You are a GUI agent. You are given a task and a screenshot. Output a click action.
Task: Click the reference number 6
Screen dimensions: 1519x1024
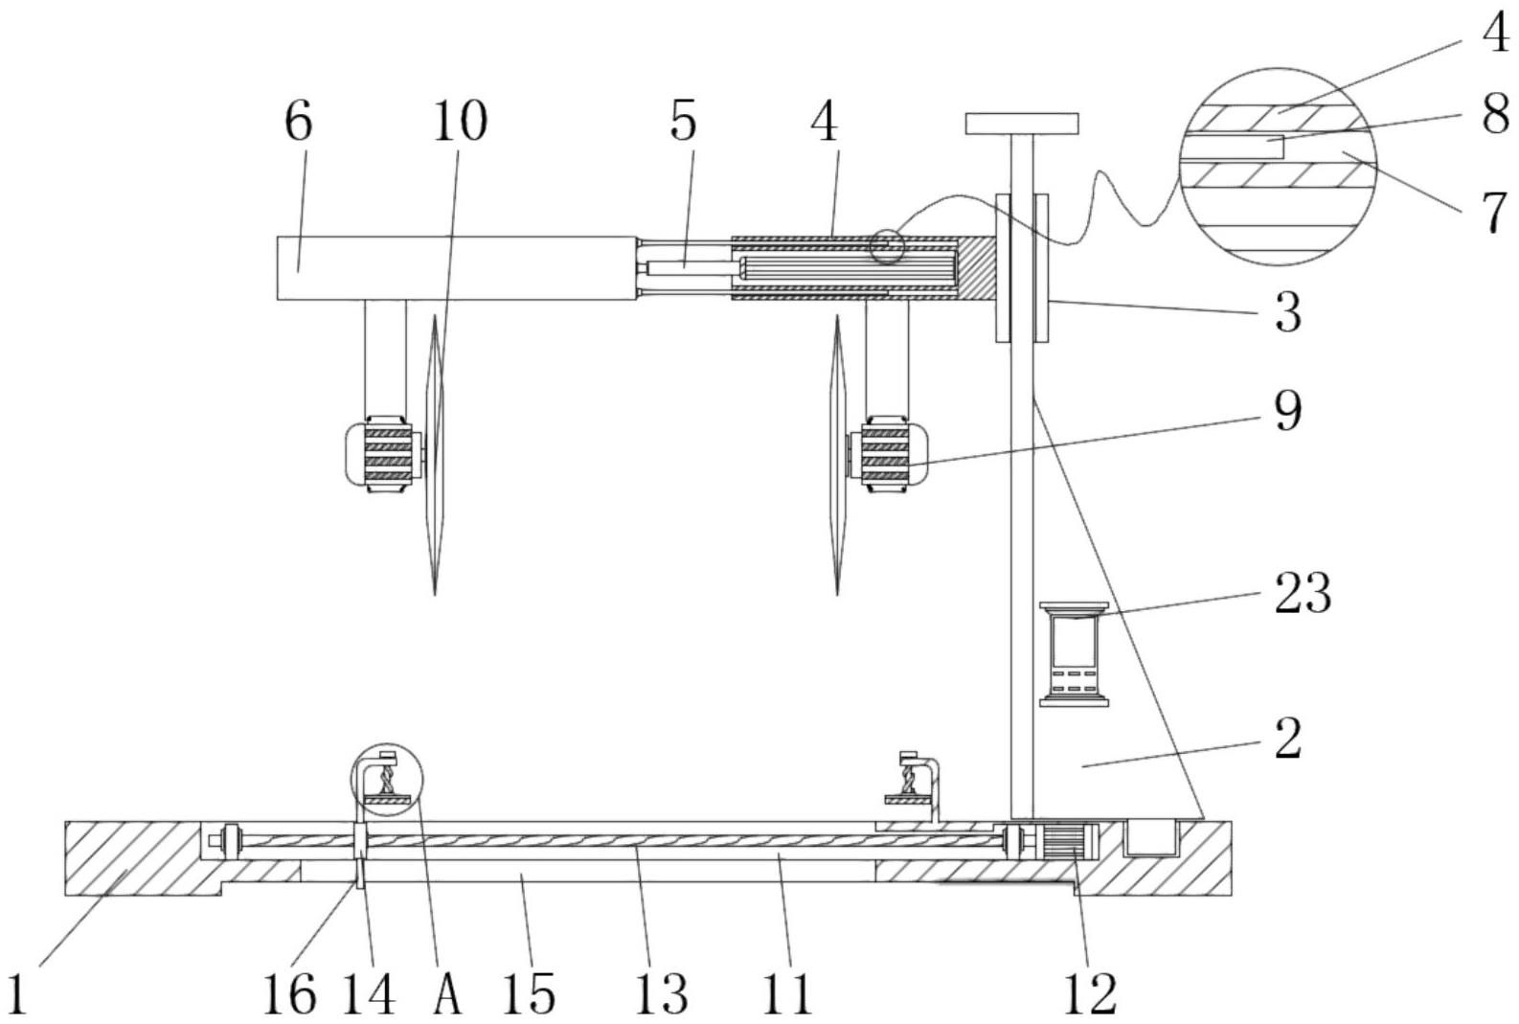(x=299, y=122)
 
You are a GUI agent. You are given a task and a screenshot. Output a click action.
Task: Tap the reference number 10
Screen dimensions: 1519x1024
(x=460, y=122)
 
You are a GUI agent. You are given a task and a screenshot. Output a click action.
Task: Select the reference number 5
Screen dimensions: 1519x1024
(x=683, y=122)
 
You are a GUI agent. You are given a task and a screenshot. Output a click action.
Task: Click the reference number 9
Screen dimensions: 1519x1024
(x=1287, y=411)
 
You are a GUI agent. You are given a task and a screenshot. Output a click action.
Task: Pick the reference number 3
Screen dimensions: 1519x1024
(x=1287, y=312)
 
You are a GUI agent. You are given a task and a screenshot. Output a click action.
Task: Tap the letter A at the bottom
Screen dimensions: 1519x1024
(x=447, y=994)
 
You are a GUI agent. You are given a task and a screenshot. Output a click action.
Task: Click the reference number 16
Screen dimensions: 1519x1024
(x=289, y=994)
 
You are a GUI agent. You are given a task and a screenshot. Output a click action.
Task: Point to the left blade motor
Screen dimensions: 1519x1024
(x=382, y=454)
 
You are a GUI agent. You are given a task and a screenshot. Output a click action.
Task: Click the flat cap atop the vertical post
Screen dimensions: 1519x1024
(x=1022, y=123)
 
